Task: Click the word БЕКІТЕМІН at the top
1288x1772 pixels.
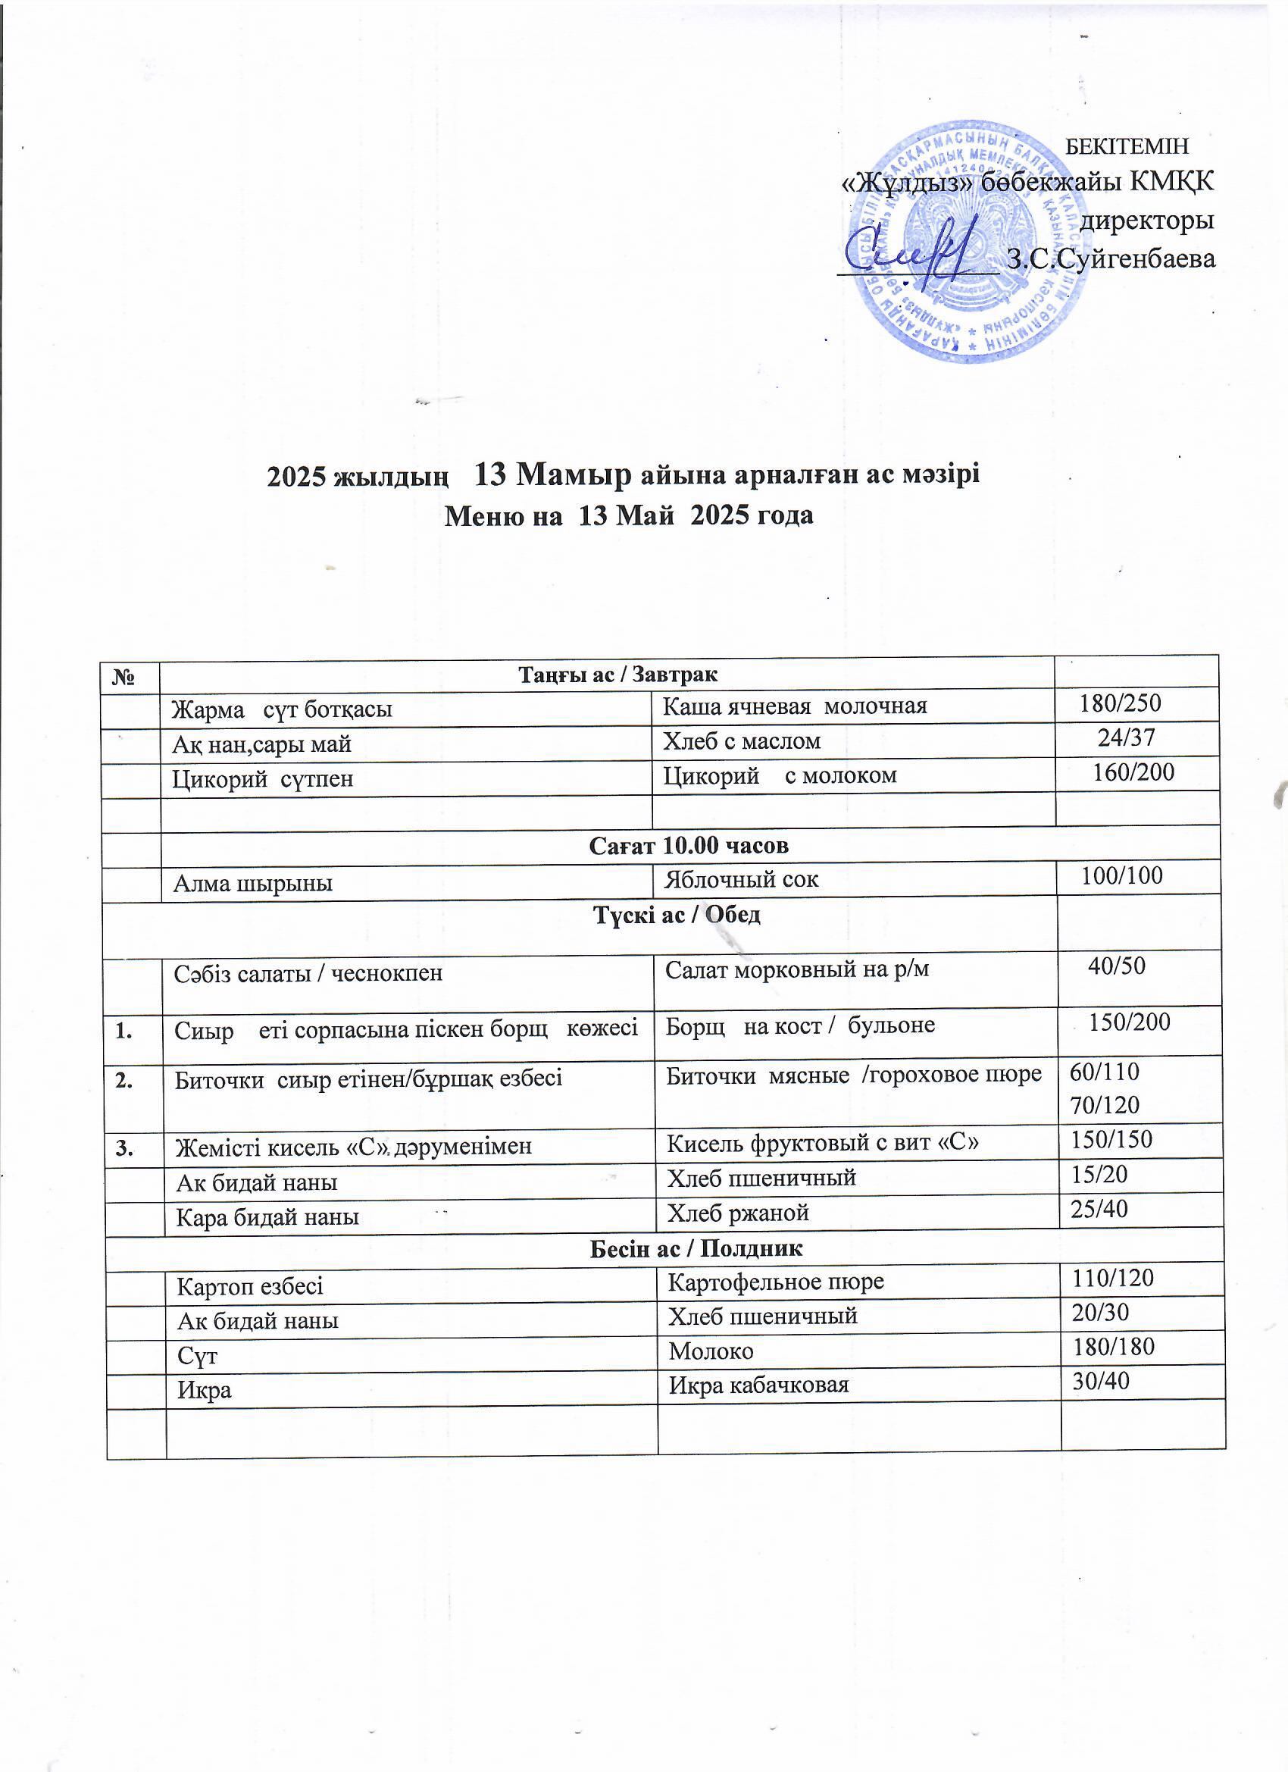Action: pos(1127,146)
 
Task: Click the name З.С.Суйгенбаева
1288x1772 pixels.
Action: pos(1111,258)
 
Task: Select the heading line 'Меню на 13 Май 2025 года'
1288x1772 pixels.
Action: pos(629,515)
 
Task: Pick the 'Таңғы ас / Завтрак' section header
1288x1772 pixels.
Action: pos(617,674)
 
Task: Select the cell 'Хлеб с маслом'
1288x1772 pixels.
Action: pos(741,740)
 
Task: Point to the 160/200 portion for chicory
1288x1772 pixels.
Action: pos(1133,772)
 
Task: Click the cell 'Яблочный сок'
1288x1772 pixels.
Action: pos(740,880)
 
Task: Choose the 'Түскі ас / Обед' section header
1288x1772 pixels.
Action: pos(677,915)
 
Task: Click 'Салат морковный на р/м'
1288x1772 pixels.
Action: pos(797,969)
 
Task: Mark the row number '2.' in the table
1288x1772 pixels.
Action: pos(123,1080)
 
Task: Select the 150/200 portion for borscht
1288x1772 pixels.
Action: pos(1129,1022)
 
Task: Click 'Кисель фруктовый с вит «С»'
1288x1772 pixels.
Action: pos(822,1143)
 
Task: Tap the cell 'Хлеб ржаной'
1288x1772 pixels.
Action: pos(737,1213)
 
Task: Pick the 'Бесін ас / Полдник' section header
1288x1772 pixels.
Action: pos(696,1248)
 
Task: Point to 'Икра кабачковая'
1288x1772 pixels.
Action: pos(758,1385)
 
